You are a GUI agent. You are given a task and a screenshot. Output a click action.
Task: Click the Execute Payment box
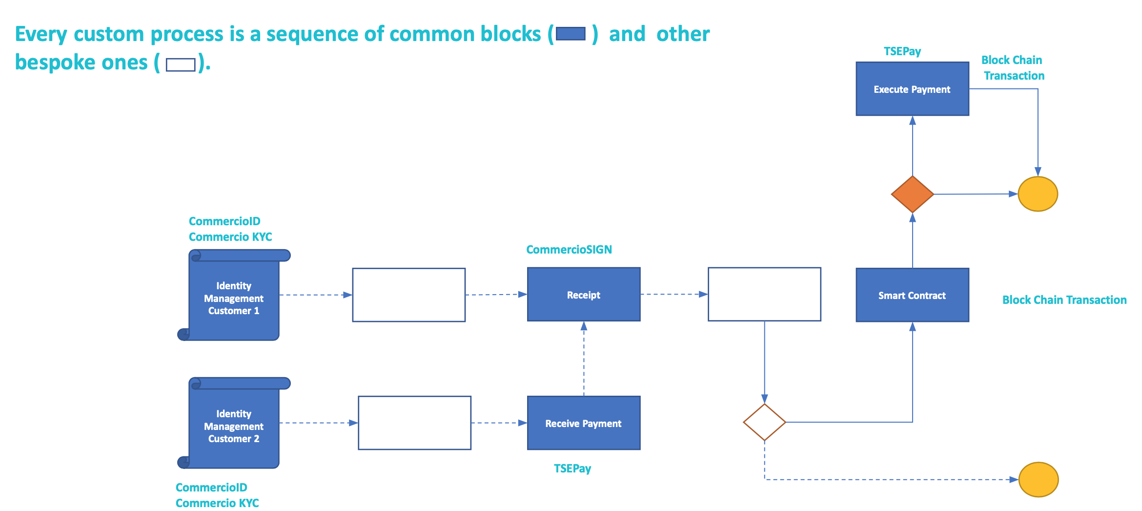[x=912, y=89]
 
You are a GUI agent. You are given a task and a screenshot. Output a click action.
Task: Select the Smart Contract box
[x=912, y=295]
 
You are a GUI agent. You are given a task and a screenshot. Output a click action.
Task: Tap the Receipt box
[x=583, y=295]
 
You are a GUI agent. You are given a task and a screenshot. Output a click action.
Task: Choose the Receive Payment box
[x=583, y=423]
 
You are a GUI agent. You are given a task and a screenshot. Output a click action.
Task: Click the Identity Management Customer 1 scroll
[x=234, y=298]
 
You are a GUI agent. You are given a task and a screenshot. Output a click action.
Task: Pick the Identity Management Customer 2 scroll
[x=234, y=426]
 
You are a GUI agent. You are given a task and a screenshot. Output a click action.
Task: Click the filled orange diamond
[x=912, y=194]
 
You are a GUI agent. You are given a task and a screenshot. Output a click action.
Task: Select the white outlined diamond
[x=764, y=422]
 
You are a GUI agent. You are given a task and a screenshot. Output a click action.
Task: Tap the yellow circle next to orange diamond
[x=1037, y=194]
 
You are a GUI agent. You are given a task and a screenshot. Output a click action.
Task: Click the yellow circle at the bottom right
[x=1038, y=479]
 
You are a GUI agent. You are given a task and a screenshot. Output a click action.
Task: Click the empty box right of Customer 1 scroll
[x=408, y=295]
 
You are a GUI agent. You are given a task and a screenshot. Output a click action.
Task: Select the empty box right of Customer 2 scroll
[x=414, y=423]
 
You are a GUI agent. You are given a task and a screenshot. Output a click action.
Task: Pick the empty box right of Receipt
[x=764, y=294]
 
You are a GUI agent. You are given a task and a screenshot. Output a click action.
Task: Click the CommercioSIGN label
[x=569, y=250]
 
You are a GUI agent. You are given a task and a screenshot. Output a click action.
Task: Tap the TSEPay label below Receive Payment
[x=572, y=468]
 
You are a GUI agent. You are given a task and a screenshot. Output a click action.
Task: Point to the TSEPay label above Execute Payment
[x=902, y=51]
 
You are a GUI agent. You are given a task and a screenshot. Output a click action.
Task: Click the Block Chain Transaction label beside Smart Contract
[x=1064, y=300]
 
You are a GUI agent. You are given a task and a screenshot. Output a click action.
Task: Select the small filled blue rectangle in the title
[x=571, y=34]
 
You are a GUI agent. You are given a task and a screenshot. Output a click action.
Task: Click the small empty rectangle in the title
[x=181, y=64]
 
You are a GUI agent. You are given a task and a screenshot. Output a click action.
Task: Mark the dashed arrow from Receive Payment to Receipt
[x=584, y=359]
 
